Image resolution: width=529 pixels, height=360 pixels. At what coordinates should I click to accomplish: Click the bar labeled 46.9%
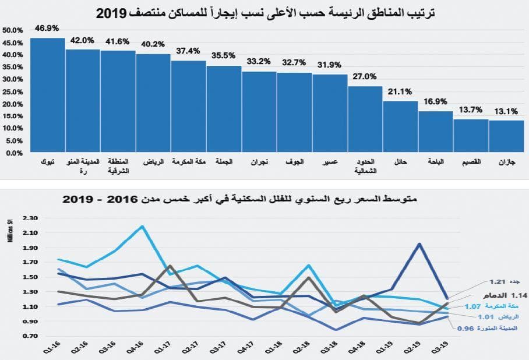pyautogui.click(x=47, y=96)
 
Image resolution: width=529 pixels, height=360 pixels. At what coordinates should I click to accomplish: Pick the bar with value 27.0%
pyautogui.click(x=365, y=119)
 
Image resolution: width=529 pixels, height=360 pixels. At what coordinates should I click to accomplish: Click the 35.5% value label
pyautogui.click(x=224, y=57)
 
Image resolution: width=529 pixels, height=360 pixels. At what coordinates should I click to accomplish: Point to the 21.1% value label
pyautogui.click(x=401, y=91)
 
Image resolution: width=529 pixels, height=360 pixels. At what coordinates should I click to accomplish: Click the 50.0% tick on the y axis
pyautogui.click(x=13, y=30)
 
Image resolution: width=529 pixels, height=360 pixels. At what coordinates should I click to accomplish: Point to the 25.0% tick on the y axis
pyautogui.click(x=13, y=91)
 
